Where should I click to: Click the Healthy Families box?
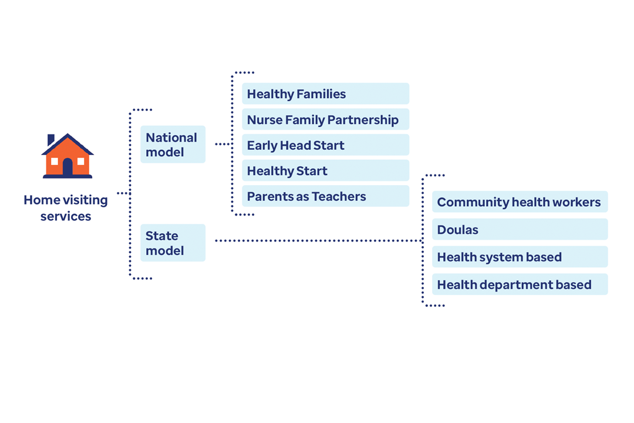[x=325, y=93]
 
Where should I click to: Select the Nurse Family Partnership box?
[x=325, y=119]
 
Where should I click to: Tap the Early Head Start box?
[x=325, y=145]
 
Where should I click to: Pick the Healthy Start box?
[x=325, y=170]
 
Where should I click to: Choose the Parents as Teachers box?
[x=325, y=196]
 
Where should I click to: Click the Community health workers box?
[x=520, y=202]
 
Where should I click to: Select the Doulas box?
[x=520, y=229]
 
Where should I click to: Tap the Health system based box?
[x=520, y=257]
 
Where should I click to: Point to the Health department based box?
[x=520, y=284]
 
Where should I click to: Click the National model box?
[x=173, y=145]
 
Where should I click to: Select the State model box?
[x=173, y=243]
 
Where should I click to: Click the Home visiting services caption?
[x=66, y=207]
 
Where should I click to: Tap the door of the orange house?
[x=68, y=167]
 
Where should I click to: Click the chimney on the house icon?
[x=51, y=140]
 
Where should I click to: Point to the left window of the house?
[x=55, y=162]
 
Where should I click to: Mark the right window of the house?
[x=81, y=162]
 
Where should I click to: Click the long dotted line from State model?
[x=318, y=241]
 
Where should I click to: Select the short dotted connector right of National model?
[x=223, y=144]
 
